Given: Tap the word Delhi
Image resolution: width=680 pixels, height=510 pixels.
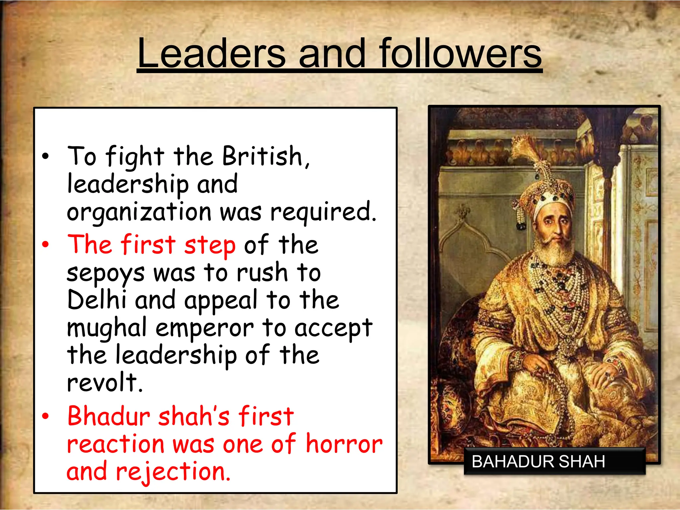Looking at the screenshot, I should point(97,300).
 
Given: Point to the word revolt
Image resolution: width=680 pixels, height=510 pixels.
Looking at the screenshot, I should point(104,382).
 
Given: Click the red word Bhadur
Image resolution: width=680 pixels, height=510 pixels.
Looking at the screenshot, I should point(109,416).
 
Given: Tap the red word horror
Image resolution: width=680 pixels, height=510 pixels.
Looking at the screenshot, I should point(344,444).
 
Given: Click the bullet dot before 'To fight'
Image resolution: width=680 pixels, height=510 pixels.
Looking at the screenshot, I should point(45,156).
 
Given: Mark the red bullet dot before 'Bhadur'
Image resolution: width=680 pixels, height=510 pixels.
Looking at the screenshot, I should point(45,416).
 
